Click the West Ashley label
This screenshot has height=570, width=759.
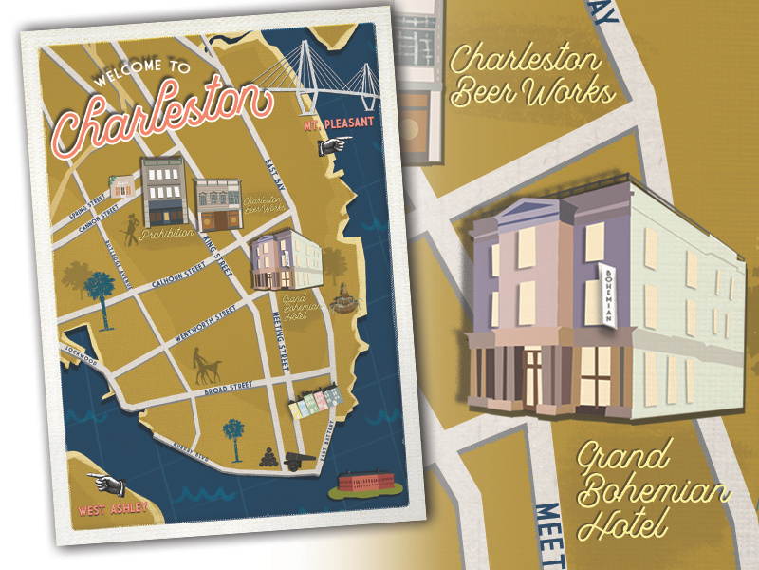click(x=113, y=509)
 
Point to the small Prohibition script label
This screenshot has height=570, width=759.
click(x=167, y=233)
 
